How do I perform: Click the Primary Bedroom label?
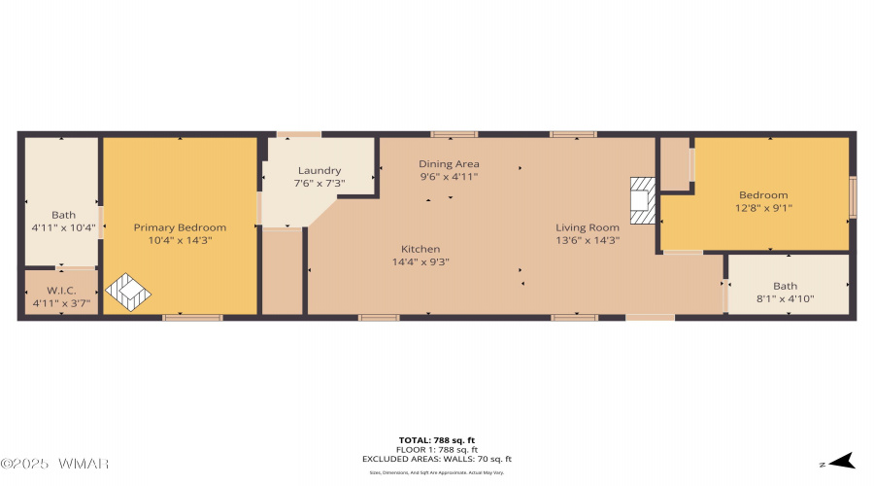[180, 226]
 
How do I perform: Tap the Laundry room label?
[319, 171]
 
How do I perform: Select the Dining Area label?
[449, 164]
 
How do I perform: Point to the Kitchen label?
[420, 249]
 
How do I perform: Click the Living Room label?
[588, 227]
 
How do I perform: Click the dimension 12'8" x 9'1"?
[763, 207]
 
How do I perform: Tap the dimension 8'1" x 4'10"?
[786, 298]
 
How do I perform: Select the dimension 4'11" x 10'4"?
[63, 227]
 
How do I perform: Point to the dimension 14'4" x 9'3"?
[420, 261]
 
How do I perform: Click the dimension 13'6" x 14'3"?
[588, 240]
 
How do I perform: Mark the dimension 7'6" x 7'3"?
[319, 184]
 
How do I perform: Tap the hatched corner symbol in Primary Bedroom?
[128, 293]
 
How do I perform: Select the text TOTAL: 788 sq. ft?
[437, 440]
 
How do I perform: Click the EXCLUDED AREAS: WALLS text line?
[437, 459]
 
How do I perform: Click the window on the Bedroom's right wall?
[853, 197]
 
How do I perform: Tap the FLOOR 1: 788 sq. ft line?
[437, 450]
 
